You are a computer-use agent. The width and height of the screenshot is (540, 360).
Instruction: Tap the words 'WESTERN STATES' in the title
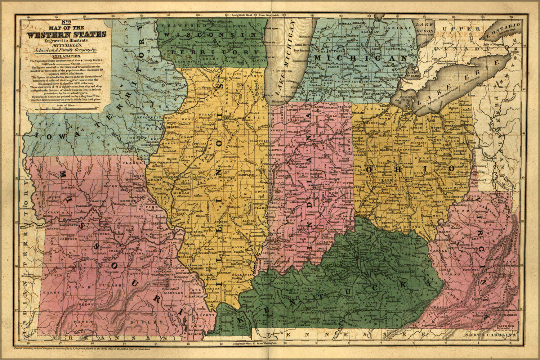pyautogui.click(x=66, y=35)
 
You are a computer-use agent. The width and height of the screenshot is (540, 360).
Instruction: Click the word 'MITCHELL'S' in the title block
pyautogui.click(x=66, y=45)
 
